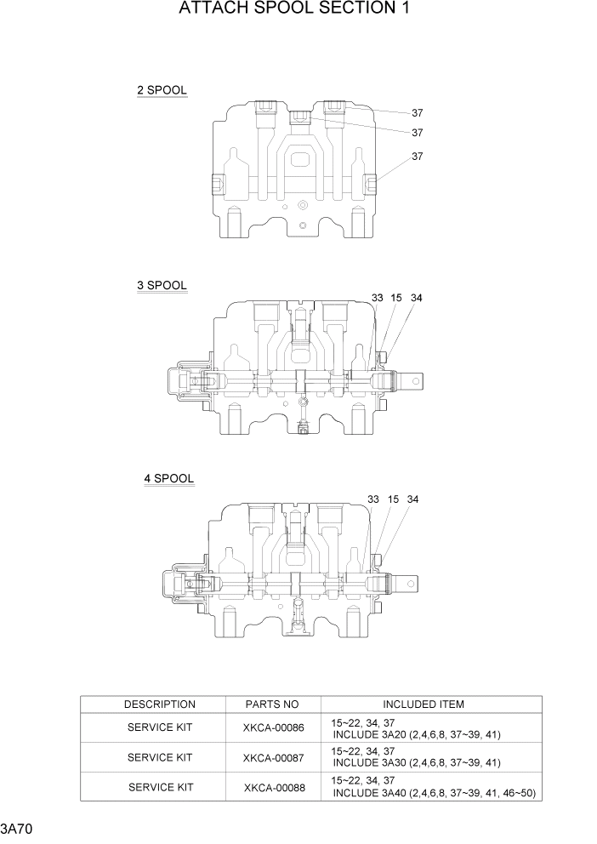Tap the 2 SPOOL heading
pyautogui.click(x=162, y=90)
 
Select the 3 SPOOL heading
pyautogui.click(x=162, y=286)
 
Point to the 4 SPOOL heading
pyautogui.click(x=168, y=479)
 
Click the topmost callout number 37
pyautogui.click(x=418, y=112)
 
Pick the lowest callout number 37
pyautogui.click(x=418, y=157)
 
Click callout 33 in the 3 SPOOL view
pyautogui.click(x=378, y=298)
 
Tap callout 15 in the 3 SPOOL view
pyautogui.click(x=396, y=298)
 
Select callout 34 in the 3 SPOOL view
pyautogui.click(x=416, y=298)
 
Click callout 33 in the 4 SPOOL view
pyautogui.click(x=373, y=499)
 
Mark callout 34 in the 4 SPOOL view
pyautogui.click(x=412, y=499)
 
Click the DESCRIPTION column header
pyautogui.click(x=160, y=704)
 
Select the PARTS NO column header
pyautogui.click(x=272, y=704)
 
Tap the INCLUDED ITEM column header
pyautogui.click(x=424, y=704)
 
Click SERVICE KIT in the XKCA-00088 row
pyautogui.click(x=160, y=787)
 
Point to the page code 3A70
pyautogui.click(x=17, y=828)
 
